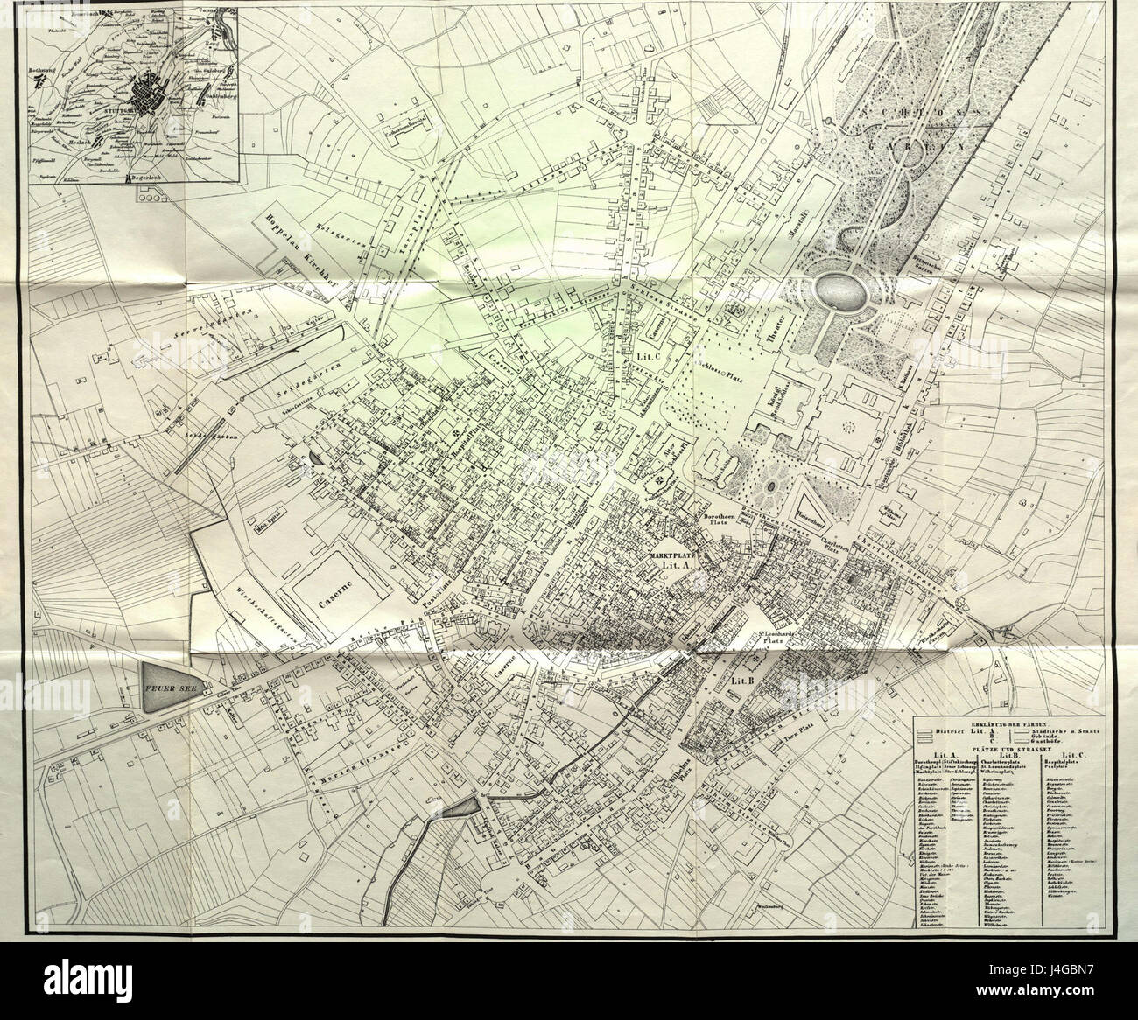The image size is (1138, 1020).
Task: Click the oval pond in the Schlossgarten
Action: coord(839,290)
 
